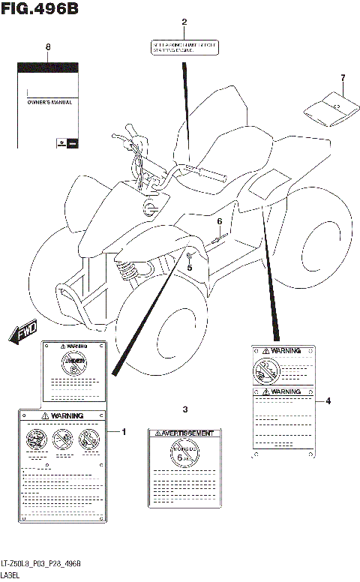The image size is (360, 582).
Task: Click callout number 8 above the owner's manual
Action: (49, 47)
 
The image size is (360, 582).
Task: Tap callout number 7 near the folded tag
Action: (342, 78)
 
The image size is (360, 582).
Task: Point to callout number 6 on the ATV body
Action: (220, 221)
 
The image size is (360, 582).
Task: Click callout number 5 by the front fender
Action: (190, 268)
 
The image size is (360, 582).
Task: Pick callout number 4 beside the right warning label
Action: (328, 400)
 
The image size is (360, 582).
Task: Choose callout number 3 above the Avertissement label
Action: (184, 409)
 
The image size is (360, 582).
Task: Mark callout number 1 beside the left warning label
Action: (124, 431)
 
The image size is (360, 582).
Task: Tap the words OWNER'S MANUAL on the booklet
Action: (49, 102)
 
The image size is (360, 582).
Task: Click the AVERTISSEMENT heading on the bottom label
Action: (187, 433)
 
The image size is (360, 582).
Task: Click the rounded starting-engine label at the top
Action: (184, 48)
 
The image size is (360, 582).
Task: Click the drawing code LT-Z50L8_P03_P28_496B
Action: (41, 563)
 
